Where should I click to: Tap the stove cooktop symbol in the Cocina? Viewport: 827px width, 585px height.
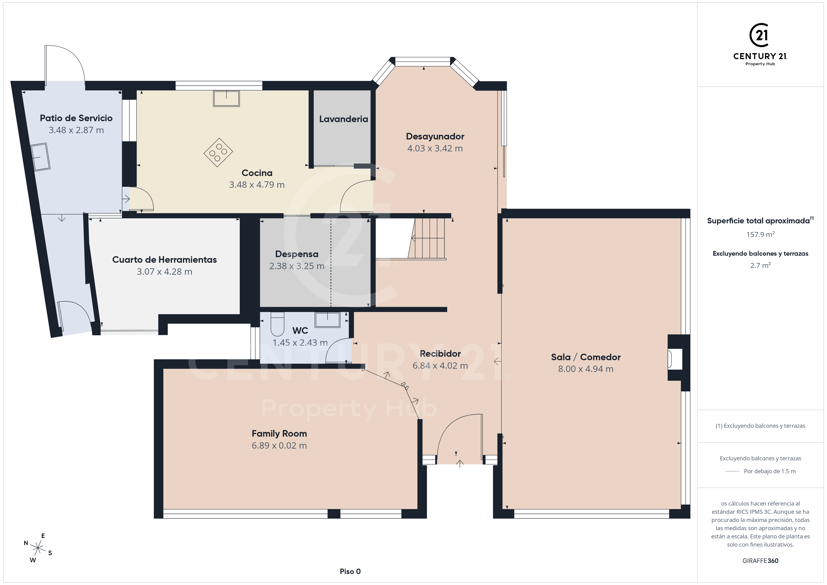(x=218, y=152)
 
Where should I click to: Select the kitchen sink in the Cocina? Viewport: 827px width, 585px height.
(x=226, y=98)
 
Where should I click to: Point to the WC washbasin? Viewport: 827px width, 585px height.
(x=327, y=319)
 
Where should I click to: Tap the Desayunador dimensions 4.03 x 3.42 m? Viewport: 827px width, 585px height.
(x=435, y=148)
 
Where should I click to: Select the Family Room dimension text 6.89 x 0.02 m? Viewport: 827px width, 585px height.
(x=279, y=446)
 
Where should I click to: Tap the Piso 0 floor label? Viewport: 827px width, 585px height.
(x=350, y=571)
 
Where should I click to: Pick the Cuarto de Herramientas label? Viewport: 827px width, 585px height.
(x=164, y=260)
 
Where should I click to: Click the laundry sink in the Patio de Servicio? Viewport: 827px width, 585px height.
(x=40, y=157)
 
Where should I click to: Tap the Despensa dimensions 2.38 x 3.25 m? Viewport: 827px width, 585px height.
(x=297, y=266)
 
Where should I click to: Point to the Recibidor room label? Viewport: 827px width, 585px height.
(x=440, y=354)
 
